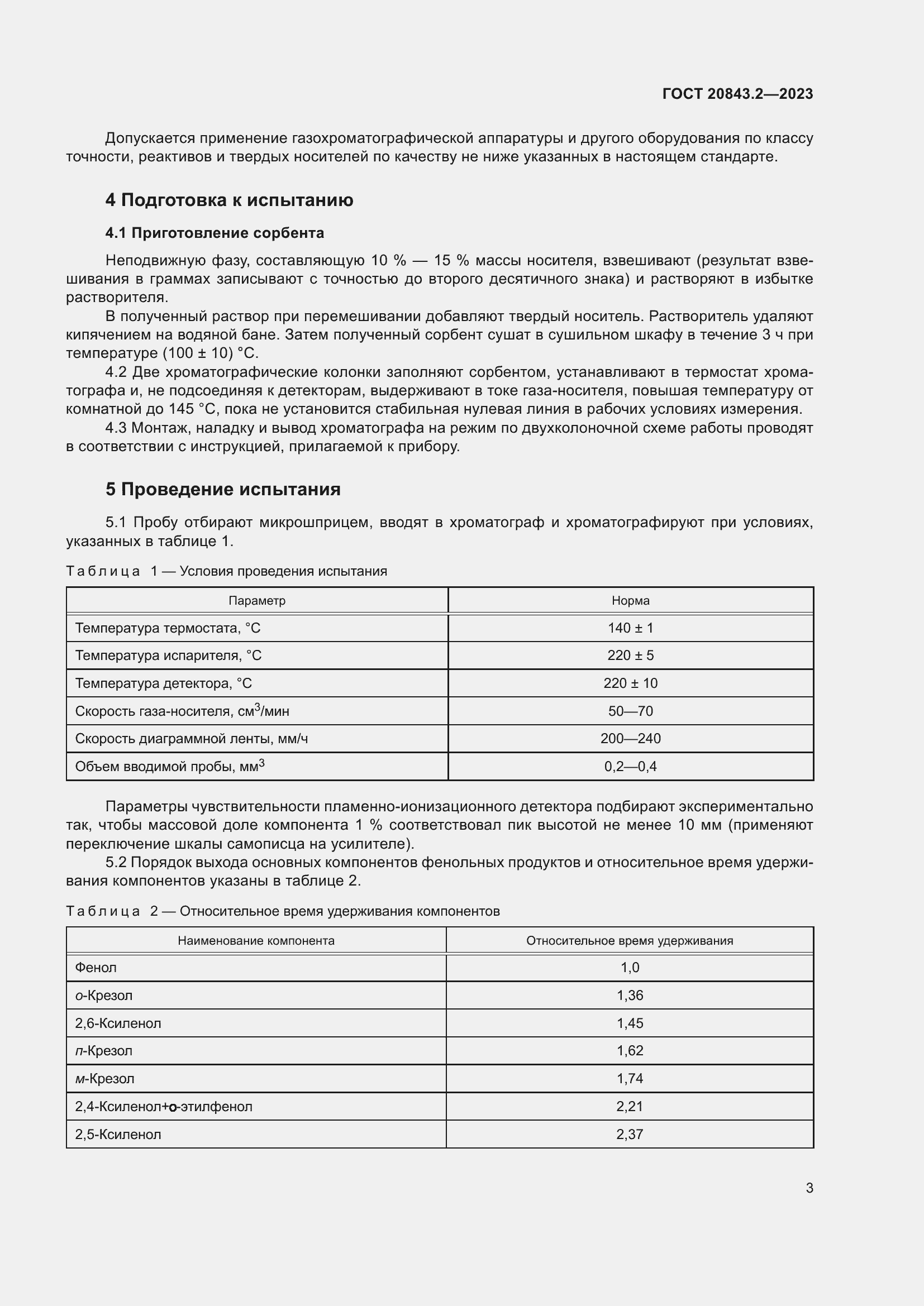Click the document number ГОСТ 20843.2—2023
(737, 94)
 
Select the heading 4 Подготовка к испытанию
(229, 200)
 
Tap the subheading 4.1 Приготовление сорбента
(215, 233)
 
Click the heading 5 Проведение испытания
(223, 489)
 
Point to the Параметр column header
(256, 601)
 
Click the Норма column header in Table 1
(630, 601)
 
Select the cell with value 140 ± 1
(630, 628)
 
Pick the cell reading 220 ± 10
(630, 683)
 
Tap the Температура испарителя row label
(168, 656)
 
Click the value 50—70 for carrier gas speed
(630, 711)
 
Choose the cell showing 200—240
(630, 738)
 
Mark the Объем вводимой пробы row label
(170, 766)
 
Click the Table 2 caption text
(283, 911)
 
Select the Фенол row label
(96, 968)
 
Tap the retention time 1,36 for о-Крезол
(630, 996)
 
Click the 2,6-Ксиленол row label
(118, 1023)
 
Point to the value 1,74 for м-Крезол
(630, 1079)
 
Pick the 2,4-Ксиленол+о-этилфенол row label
(164, 1106)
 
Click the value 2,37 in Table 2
(630, 1134)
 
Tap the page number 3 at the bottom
(809, 1188)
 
